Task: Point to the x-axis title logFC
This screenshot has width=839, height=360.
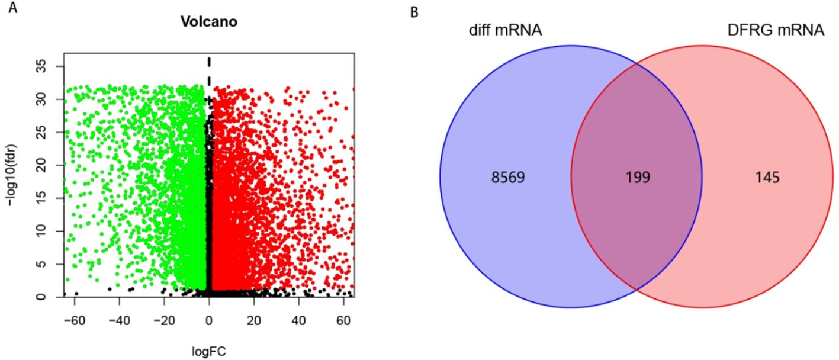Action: coord(209,351)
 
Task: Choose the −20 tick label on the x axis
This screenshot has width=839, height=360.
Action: coord(162,320)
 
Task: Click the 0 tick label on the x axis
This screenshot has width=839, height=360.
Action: coord(209,320)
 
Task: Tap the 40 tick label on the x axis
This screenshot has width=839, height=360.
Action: coord(298,320)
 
